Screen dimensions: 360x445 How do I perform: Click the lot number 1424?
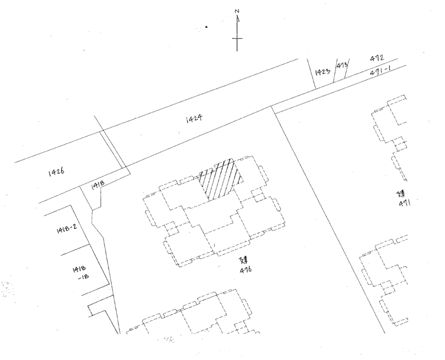(x=193, y=120)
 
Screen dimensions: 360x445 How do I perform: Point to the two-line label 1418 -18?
(x=78, y=273)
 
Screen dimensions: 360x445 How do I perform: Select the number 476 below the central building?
(x=246, y=270)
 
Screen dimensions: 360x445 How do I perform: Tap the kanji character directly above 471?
(x=402, y=193)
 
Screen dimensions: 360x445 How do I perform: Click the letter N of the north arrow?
(x=237, y=11)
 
